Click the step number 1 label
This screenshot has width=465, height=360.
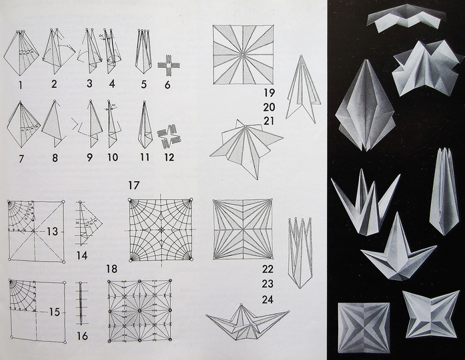tap(20, 85)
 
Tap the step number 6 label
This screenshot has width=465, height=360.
tap(167, 85)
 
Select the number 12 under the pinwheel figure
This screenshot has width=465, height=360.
tap(169, 157)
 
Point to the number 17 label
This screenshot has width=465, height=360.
tap(133, 185)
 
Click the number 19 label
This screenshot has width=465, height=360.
tap(270, 93)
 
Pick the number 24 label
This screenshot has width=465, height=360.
tap(268, 299)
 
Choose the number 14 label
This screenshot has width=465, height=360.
tap(81, 255)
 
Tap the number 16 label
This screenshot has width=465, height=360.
tap(82, 336)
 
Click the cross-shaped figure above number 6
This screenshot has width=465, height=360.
tap(169, 65)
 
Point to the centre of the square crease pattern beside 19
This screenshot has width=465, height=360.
tap(243, 55)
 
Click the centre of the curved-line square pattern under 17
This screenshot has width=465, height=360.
tap(161, 230)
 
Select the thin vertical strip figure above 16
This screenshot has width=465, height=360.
tap(81, 302)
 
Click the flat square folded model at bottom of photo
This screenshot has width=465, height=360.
tap(364, 327)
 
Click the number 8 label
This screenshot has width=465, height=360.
tap(55, 157)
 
